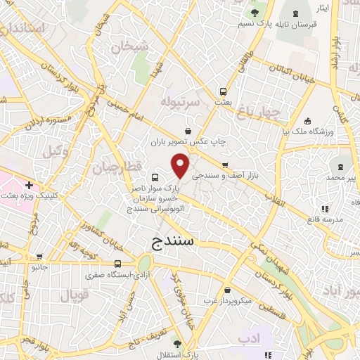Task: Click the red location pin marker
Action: [x=180, y=165]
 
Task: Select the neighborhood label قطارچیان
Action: [x=112, y=167]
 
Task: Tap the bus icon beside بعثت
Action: [x=222, y=91]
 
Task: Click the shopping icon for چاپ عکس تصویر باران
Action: [x=187, y=130]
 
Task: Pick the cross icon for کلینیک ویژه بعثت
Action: [x=28, y=185]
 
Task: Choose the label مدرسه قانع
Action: [x=324, y=219]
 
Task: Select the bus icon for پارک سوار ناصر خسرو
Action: [x=154, y=177]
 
